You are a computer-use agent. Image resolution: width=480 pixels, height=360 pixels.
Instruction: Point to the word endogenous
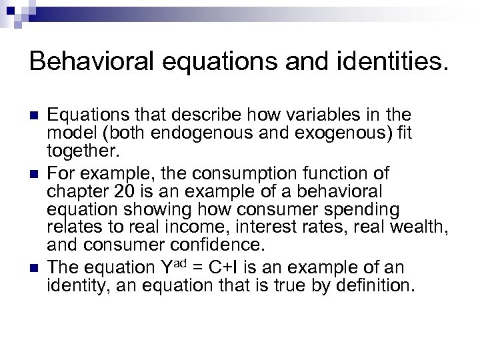[x=199, y=133]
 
